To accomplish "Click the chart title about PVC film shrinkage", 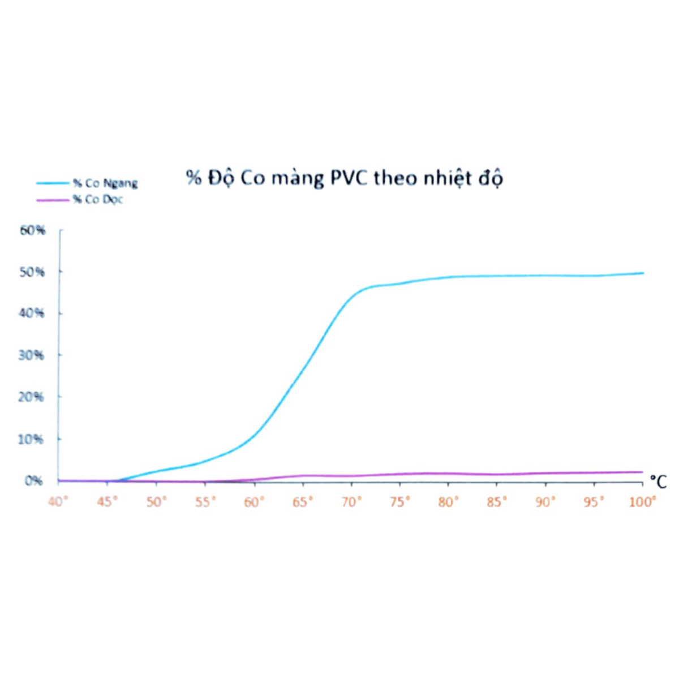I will (x=344, y=178).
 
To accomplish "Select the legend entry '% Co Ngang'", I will (x=105, y=183).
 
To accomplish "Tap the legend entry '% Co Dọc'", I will (x=97, y=200).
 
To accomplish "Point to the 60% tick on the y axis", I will (x=33, y=230).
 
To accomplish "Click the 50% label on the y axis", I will (x=32, y=272).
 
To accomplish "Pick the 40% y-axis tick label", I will (x=32, y=313).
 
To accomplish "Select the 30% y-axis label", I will (x=32, y=355).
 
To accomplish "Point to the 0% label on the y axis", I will (x=33, y=481).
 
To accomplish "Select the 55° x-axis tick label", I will (x=205, y=502).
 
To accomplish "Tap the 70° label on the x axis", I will (x=351, y=502).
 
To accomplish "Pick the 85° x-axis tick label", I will (x=497, y=502).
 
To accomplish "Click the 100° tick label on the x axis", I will (x=642, y=502).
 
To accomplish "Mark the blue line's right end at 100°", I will (x=643, y=273).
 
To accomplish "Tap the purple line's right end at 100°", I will (x=643, y=472).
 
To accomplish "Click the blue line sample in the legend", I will (x=53, y=183).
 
